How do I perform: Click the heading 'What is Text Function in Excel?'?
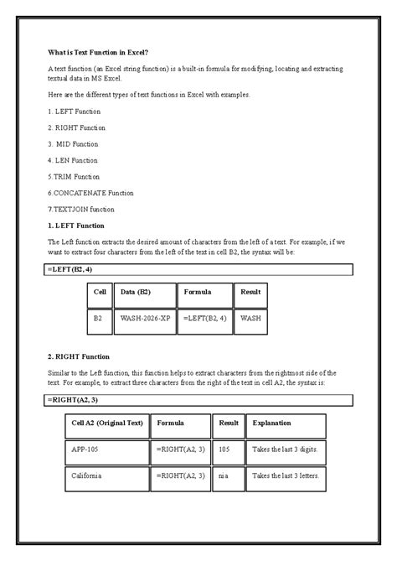pyautogui.click(x=97, y=52)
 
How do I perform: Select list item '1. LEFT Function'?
pyautogui.click(x=75, y=112)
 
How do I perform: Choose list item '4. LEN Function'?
pyautogui.click(x=74, y=160)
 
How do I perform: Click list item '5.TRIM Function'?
pyautogui.click(x=75, y=177)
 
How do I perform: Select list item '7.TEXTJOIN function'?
pyautogui.click(x=81, y=209)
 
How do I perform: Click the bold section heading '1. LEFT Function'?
pyautogui.click(x=76, y=226)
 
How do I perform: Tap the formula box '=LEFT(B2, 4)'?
pyautogui.click(x=199, y=270)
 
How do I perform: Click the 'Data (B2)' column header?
pyautogui.click(x=144, y=293)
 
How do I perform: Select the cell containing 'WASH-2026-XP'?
pyautogui.click(x=144, y=319)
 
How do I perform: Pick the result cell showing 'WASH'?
pyautogui.click(x=250, y=319)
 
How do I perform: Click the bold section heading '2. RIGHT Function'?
pyautogui.click(x=79, y=356)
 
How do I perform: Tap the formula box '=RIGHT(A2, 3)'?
pyautogui.click(x=199, y=400)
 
